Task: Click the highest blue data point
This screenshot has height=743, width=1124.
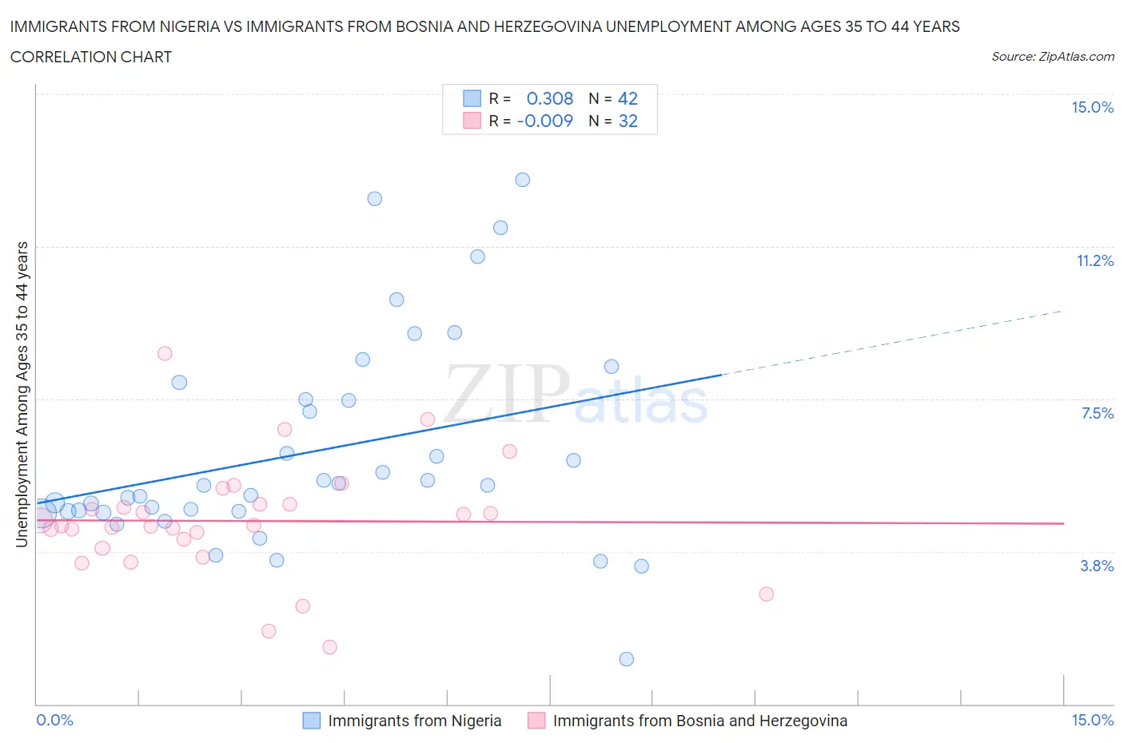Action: [x=522, y=180]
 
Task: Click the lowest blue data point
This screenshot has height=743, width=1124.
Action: [x=626, y=659]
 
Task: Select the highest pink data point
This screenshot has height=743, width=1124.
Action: [x=165, y=353]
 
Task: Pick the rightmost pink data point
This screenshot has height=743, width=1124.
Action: [x=766, y=594]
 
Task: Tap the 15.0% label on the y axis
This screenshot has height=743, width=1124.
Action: [x=1092, y=108]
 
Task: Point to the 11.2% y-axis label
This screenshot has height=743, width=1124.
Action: [x=1094, y=260]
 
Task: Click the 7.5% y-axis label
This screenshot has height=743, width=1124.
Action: [x=1097, y=413]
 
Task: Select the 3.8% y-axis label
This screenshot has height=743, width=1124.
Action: [x=1097, y=566]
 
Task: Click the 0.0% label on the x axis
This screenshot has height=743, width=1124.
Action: [x=54, y=720]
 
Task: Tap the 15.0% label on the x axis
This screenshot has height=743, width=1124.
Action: [x=1092, y=720]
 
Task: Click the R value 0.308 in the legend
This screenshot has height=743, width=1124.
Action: [x=550, y=98]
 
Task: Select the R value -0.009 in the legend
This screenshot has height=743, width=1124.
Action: [x=545, y=121]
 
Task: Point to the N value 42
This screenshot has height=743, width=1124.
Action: [x=628, y=98]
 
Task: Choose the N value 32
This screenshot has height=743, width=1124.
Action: [x=628, y=121]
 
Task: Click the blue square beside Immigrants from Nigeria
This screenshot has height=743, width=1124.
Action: [x=312, y=721]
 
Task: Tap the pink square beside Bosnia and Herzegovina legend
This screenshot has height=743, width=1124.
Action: [x=536, y=721]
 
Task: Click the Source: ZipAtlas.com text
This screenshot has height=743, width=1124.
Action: [x=1052, y=57]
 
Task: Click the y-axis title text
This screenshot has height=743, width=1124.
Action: [x=22, y=394]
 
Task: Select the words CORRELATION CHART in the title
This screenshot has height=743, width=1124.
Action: [x=91, y=57]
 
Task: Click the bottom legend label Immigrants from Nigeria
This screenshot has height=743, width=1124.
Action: [x=414, y=721]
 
